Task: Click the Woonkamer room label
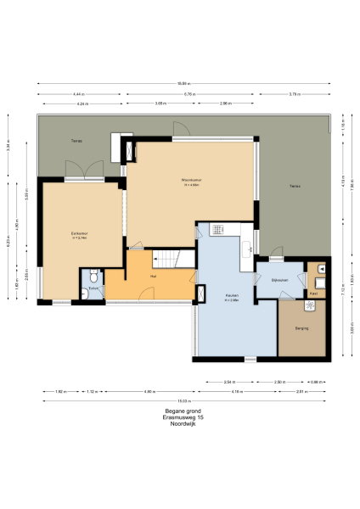(x=189, y=181)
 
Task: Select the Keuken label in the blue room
(x=232, y=297)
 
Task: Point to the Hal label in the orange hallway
(x=153, y=277)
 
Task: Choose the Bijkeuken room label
(x=281, y=279)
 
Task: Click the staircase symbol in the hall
(x=173, y=258)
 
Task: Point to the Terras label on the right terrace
(x=295, y=186)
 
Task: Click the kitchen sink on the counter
(x=246, y=248)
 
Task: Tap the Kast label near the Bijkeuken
(x=313, y=293)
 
